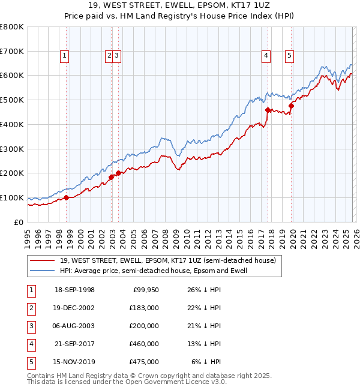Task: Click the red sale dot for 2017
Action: (268, 110)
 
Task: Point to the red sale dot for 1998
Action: (66, 197)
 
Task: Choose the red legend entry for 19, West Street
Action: (168, 260)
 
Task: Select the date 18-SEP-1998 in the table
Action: (74, 290)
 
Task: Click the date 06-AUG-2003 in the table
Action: (74, 326)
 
